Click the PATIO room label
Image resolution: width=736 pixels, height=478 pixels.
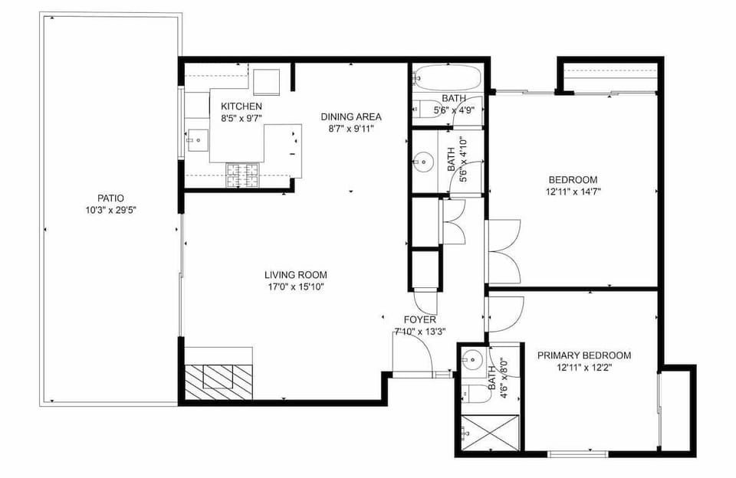click(110, 198)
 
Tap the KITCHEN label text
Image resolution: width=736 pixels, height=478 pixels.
click(242, 106)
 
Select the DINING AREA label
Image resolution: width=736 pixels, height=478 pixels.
click(350, 116)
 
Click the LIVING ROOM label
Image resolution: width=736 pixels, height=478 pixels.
click(295, 275)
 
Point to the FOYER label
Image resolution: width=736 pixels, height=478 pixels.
click(420, 319)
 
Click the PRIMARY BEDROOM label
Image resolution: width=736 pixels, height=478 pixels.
click(583, 355)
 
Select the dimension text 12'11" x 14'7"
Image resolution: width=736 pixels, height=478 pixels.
click(573, 192)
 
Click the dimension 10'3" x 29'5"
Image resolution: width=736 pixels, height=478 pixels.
click(110, 210)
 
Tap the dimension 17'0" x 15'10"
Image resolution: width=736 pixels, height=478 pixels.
click(295, 287)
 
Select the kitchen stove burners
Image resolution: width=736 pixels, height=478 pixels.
click(245, 175)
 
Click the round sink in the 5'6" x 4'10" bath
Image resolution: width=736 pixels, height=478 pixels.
click(422, 162)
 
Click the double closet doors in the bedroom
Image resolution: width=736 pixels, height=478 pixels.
click(504, 251)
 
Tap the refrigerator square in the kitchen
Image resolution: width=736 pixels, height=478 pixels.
click(268, 81)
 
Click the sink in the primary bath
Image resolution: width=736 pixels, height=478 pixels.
click(473, 358)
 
